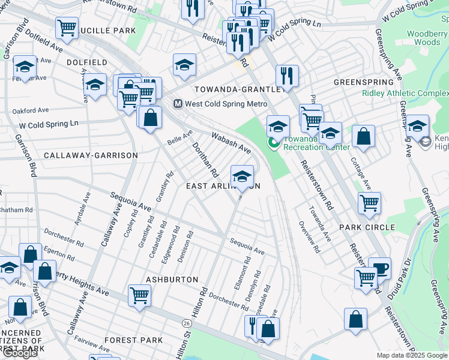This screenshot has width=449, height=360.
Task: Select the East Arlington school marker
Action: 242,176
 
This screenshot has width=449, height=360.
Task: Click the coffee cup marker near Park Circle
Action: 379,268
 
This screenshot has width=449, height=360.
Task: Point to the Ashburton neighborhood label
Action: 172,280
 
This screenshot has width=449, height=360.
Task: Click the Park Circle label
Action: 367,227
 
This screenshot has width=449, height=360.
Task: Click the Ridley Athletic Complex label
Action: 405,94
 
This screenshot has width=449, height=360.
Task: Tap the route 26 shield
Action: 187,323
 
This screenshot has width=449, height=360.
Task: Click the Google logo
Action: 20,352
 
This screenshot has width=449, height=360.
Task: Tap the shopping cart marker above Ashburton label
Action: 139,295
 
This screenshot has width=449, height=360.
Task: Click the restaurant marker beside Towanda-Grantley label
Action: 287,76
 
